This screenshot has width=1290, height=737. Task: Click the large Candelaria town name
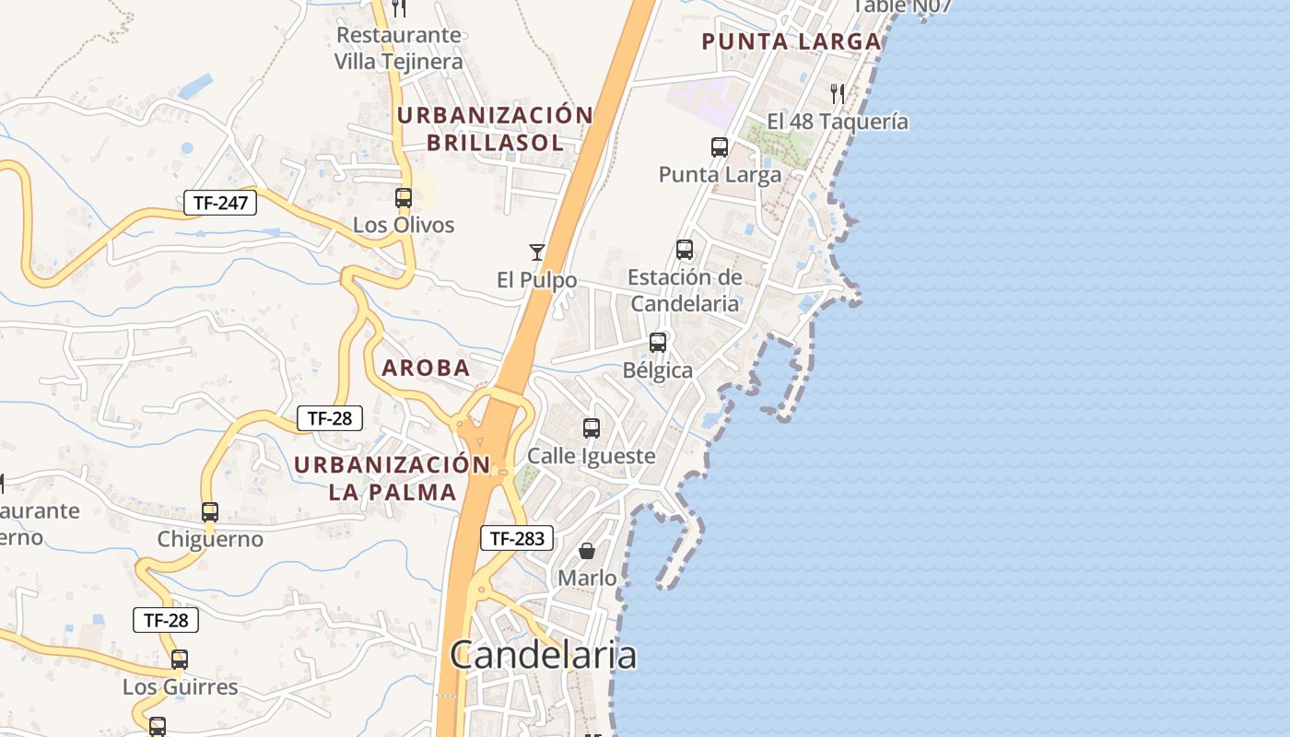click(543, 655)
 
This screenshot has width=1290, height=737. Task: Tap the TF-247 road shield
click(220, 203)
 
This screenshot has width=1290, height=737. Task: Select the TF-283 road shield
click(516, 538)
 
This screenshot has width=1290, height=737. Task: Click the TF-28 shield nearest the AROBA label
click(330, 418)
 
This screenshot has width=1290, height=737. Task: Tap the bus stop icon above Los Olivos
click(404, 197)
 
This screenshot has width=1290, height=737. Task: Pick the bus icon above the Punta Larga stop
click(720, 146)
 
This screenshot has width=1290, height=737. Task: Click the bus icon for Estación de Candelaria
click(684, 250)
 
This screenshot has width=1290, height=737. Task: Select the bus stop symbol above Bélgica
click(658, 343)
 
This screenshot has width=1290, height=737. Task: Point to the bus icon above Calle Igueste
click(592, 428)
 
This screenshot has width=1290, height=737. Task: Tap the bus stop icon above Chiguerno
click(210, 512)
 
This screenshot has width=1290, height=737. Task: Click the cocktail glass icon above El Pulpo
click(536, 252)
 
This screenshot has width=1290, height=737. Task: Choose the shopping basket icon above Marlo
click(587, 551)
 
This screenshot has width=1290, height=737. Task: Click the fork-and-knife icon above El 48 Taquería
click(838, 93)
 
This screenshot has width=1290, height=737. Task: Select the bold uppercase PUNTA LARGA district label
click(792, 41)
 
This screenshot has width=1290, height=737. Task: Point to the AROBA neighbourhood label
click(426, 368)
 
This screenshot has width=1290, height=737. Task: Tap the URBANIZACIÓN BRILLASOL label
click(495, 129)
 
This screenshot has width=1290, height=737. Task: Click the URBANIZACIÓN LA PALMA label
click(393, 478)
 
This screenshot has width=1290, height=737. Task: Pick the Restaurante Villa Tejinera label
click(398, 48)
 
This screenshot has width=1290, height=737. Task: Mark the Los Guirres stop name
click(181, 687)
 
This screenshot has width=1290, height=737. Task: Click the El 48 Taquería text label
click(838, 122)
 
